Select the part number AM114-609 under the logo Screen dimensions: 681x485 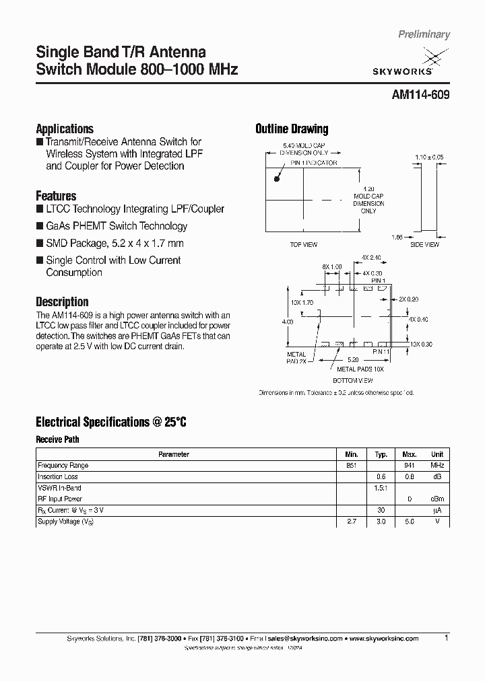pos(420,96)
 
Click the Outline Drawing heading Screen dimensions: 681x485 pos(292,129)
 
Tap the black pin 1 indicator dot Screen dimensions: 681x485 pos(276,179)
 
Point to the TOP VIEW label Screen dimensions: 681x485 pos(303,245)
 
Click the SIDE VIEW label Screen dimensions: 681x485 pos(425,245)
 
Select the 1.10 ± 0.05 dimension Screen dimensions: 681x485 pos(429,157)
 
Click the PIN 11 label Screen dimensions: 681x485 pos(381,352)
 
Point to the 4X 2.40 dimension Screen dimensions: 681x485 pos(370,258)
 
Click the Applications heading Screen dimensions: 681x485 pos(64,129)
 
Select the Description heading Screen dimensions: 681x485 pos(62,302)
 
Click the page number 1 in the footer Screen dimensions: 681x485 pos(447,638)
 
